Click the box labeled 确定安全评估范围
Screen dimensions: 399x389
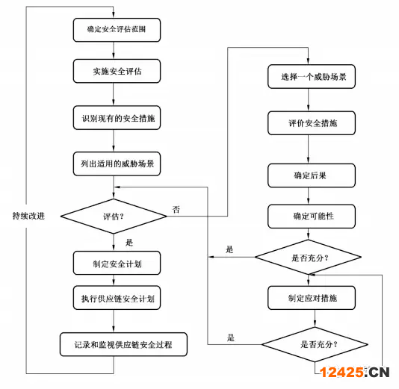click(x=117, y=30)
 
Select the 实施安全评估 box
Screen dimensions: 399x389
click(x=117, y=71)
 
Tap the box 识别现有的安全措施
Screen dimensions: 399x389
click(x=117, y=118)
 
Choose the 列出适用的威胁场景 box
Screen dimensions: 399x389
click(x=117, y=164)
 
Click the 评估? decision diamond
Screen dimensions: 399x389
click(x=114, y=216)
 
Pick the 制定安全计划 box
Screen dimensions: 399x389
click(x=117, y=263)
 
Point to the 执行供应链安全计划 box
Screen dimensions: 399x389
click(x=117, y=298)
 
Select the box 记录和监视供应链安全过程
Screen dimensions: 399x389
click(x=123, y=344)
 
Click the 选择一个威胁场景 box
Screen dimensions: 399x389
click(x=312, y=76)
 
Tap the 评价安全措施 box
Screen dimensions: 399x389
click(x=312, y=123)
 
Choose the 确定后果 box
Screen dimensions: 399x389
click(x=312, y=175)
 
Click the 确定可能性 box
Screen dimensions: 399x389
click(x=312, y=216)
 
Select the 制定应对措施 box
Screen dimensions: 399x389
click(x=312, y=298)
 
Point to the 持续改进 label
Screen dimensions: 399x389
click(x=28, y=216)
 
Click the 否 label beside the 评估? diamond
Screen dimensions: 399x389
click(x=176, y=210)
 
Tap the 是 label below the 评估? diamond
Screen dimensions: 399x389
click(x=129, y=243)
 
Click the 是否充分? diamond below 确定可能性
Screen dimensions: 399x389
click(x=308, y=257)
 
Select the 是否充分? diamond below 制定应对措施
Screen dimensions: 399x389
click(x=315, y=344)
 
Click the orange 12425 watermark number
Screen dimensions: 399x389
click(x=341, y=373)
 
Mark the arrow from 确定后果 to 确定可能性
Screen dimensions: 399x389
click(x=308, y=196)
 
